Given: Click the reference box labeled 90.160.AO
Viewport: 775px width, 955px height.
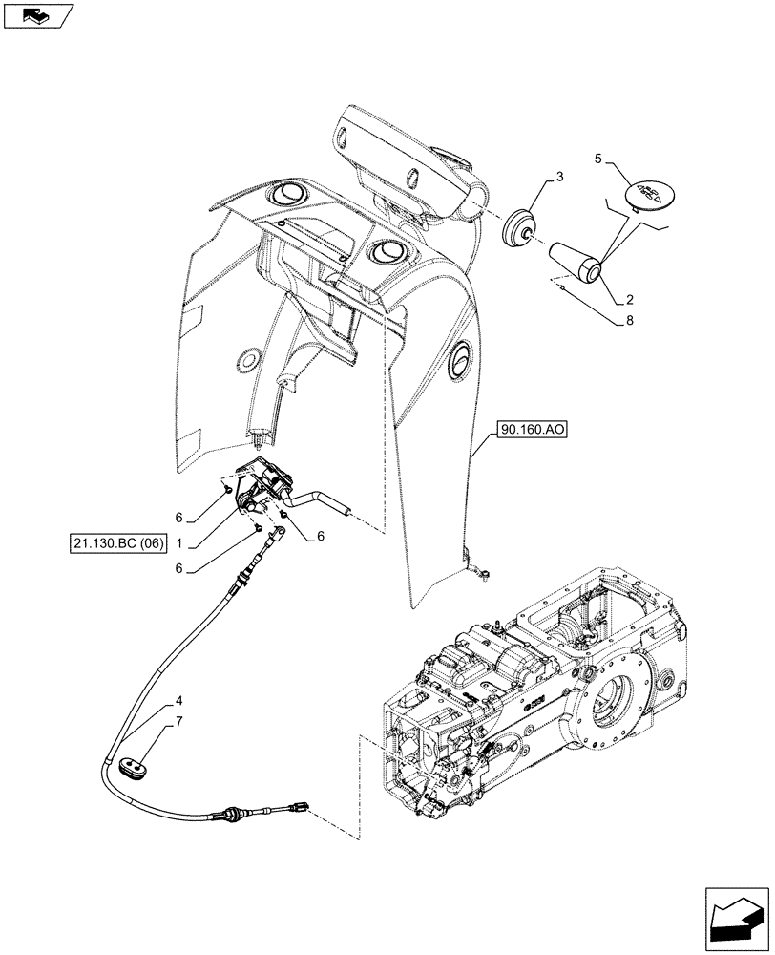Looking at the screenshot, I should point(532,432).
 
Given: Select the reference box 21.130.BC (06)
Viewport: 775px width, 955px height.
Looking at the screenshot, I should point(118,543).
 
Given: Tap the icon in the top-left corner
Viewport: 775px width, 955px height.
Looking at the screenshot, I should point(35,15).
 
